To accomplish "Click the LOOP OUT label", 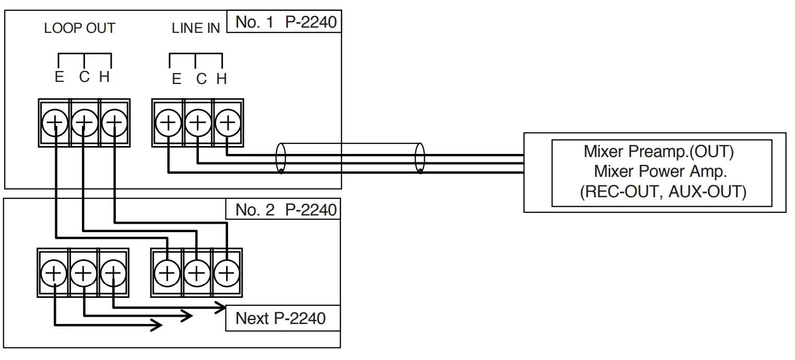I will pyautogui.click(x=79, y=28).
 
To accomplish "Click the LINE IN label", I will pyautogui.click(x=196, y=29).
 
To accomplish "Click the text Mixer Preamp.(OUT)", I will pyautogui.click(x=659, y=152).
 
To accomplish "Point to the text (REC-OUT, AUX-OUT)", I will pyautogui.click(x=662, y=191).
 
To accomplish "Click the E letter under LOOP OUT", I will pyautogui.click(x=59, y=77).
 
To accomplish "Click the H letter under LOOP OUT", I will pyautogui.click(x=104, y=77).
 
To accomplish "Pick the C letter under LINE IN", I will pyautogui.click(x=201, y=79).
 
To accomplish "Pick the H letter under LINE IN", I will pyautogui.click(x=221, y=79).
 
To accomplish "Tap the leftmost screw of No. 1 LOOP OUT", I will pyautogui.click(x=55, y=123).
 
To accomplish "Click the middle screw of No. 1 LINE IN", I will pyautogui.click(x=197, y=123).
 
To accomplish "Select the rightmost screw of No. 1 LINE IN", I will pyautogui.click(x=227, y=123).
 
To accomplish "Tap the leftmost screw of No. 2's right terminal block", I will pyautogui.click(x=167, y=273).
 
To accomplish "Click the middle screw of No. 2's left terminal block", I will pyautogui.click(x=84, y=273).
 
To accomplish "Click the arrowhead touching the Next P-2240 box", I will pyautogui.click(x=219, y=307).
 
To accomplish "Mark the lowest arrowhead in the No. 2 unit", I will pyautogui.click(x=157, y=325).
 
